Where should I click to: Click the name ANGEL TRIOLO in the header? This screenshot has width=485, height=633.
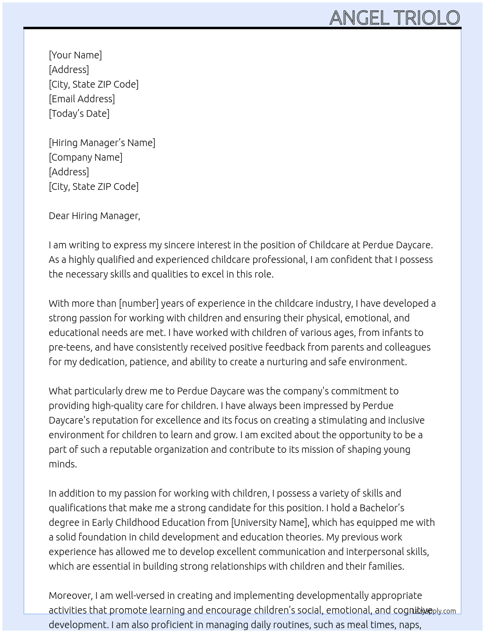[x=394, y=18]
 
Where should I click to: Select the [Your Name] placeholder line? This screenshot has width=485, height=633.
[x=75, y=55]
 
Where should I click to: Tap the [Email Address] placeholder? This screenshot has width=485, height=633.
[x=82, y=99]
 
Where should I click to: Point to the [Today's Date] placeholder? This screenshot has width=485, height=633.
[x=79, y=113]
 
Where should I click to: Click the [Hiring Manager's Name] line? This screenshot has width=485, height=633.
[x=102, y=143]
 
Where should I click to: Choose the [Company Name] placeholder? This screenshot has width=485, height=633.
[x=85, y=157]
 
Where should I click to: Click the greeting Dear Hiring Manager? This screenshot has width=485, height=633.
[x=94, y=216]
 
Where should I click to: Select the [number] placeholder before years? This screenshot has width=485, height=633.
[x=139, y=303]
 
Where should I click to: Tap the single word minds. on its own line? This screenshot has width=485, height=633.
[x=63, y=464]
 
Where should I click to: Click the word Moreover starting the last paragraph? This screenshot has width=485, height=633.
[x=71, y=596]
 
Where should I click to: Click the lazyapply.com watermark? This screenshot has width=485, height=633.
[x=434, y=611]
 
